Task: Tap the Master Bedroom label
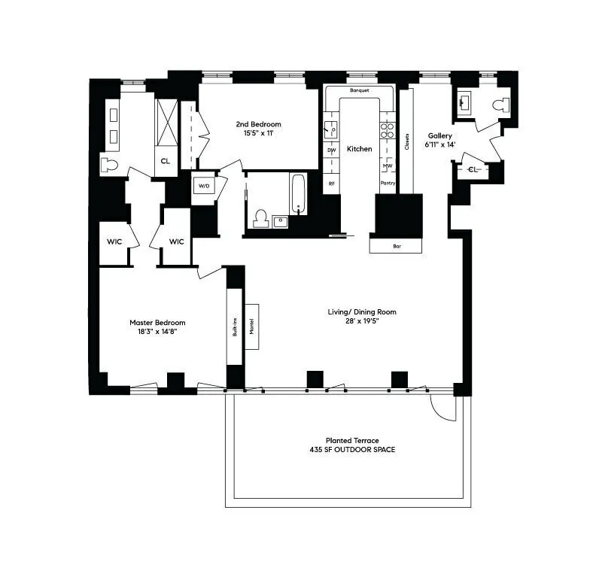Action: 157,323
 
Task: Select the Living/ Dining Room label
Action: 361,312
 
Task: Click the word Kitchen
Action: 360,149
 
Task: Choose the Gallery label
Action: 440,136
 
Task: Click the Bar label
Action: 397,246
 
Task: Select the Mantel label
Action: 252,327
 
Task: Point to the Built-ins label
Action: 236,327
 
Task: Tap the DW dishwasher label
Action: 331,150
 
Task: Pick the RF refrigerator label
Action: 331,183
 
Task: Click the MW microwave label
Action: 388,166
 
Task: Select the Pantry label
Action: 388,183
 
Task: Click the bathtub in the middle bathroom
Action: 298,194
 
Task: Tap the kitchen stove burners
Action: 388,129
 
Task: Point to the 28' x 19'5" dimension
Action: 361,322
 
